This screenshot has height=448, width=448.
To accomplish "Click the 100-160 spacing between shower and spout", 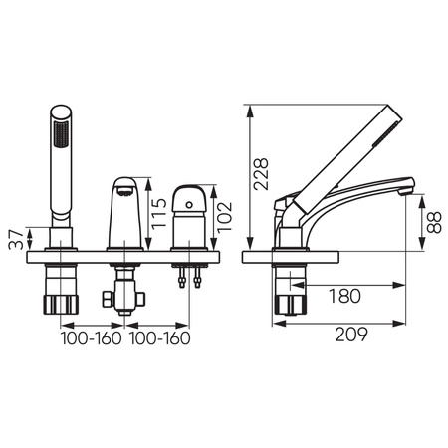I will (x=91, y=337).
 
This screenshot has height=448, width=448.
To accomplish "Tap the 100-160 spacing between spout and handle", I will (x=159, y=337).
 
